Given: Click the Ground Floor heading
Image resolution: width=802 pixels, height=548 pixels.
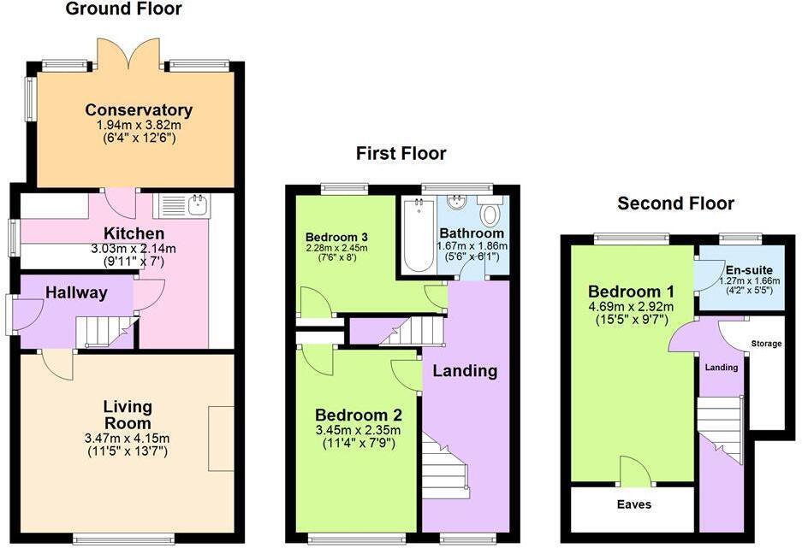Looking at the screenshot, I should click(123, 9).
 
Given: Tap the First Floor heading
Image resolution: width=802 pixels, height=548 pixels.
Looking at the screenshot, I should click(401, 154).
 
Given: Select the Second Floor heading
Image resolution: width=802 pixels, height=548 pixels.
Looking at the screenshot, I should click(675, 203).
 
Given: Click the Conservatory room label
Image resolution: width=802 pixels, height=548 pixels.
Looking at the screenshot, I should click(138, 110).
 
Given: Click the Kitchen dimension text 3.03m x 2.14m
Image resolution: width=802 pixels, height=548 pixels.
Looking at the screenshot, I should click(134, 249).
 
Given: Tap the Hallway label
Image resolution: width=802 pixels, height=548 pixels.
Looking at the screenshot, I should click(77, 293).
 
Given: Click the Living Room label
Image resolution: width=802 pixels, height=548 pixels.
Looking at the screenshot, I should click(127, 415).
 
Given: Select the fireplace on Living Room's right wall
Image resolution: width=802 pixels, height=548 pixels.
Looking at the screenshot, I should click(222, 439).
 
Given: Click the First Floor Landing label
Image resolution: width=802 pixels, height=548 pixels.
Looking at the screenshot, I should click(464, 371).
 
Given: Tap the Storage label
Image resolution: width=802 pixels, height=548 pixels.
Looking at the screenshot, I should click(766, 344).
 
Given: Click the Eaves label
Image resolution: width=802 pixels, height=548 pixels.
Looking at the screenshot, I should click(633, 505).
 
